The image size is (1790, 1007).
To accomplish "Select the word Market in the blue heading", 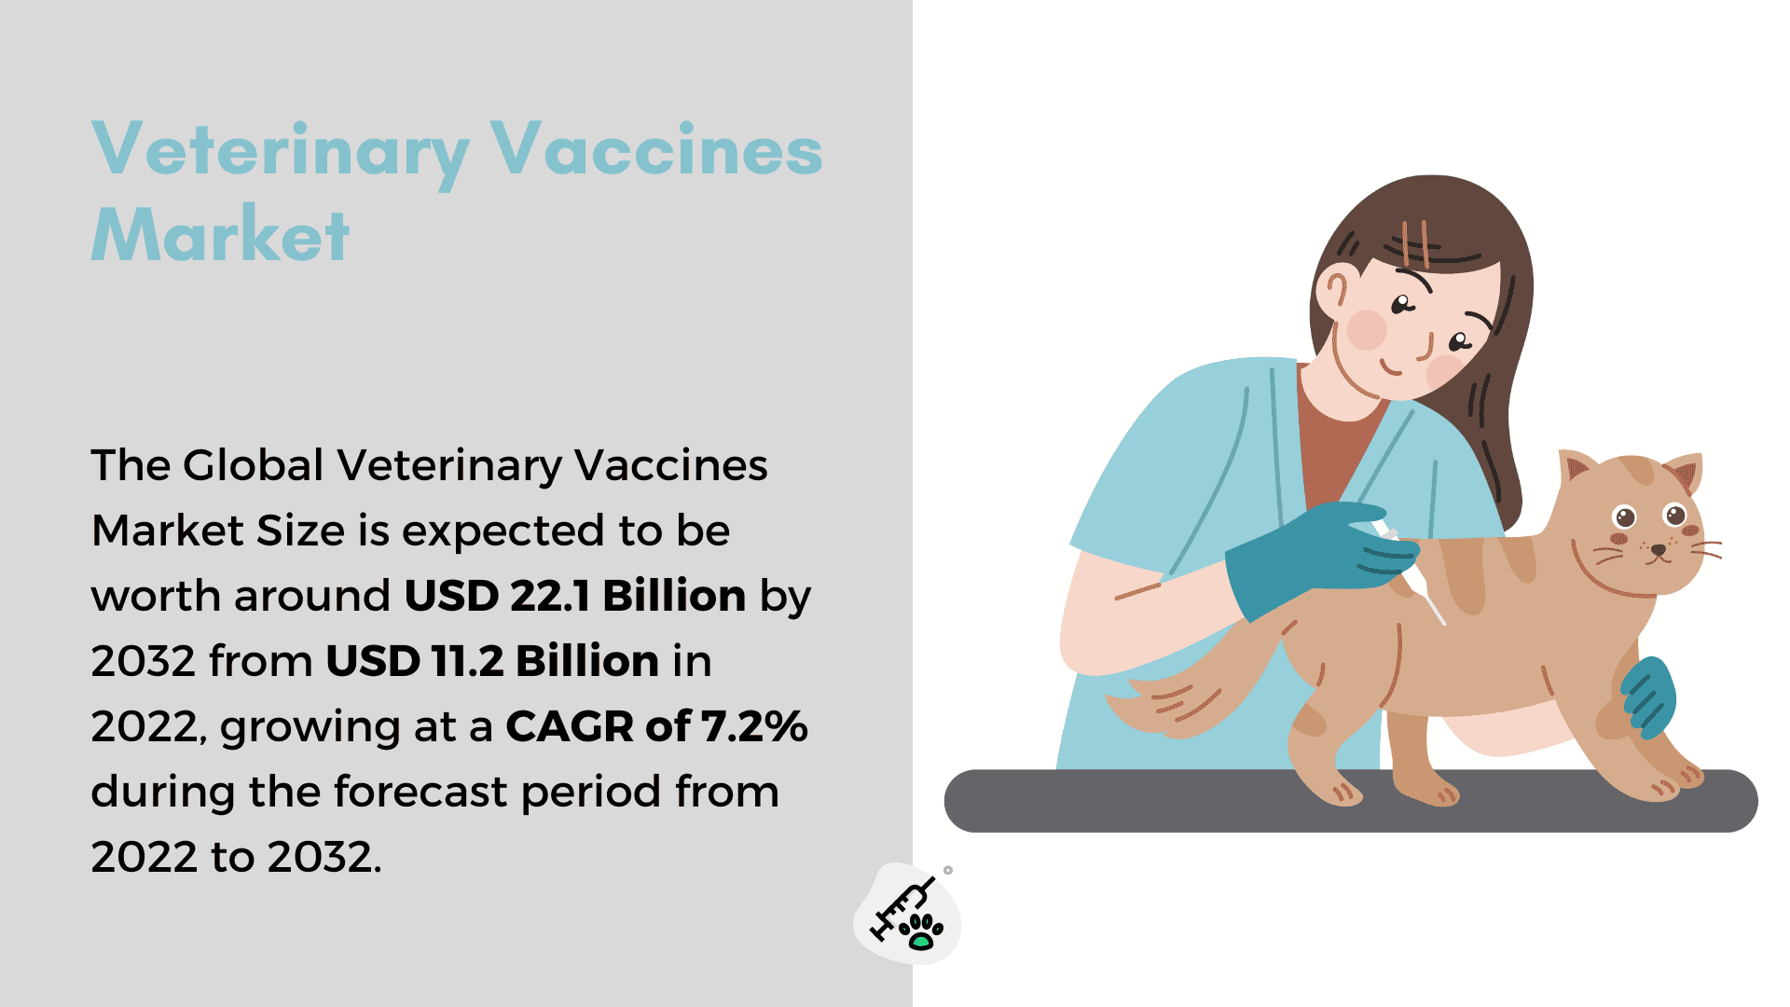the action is tap(221, 234).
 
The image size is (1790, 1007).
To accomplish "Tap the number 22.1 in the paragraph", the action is tap(550, 596).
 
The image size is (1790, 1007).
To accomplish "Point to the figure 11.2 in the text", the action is tap(467, 661).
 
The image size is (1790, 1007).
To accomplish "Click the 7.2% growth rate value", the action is tap(754, 726).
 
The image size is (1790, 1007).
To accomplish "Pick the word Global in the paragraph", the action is tap(254, 464).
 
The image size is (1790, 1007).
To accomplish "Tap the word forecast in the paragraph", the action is tap(421, 792).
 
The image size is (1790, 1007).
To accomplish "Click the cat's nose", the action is tap(1658, 551).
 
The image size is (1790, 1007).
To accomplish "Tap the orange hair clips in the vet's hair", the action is tap(1415, 243).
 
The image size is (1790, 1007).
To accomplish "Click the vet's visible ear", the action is tap(1332, 289).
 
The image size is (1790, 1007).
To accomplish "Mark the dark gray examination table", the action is tap(1351, 800).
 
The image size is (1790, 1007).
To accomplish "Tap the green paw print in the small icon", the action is tap(922, 931).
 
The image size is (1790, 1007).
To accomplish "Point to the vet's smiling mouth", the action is tap(1390, 367).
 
